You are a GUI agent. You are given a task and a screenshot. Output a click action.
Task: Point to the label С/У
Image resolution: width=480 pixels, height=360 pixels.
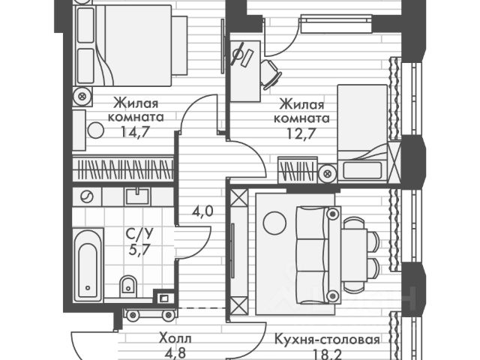click(x=137, y=234)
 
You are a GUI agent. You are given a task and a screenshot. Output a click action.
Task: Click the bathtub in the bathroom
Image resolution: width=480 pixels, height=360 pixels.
click(x=88, y=262)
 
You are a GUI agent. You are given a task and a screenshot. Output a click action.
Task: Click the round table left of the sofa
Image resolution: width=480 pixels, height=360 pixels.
click(x=274, y=223)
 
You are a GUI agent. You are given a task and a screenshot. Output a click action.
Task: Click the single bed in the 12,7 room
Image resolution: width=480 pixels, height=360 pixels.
click(x=363, y=135)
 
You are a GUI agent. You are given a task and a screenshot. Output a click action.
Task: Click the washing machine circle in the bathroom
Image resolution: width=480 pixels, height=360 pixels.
click(x=87, y=196)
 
